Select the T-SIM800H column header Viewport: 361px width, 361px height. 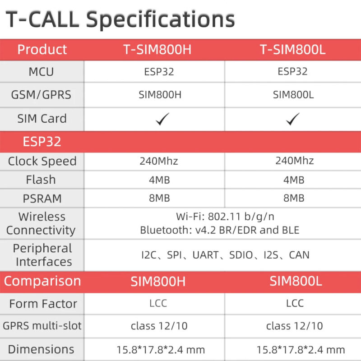[x=157, y=50]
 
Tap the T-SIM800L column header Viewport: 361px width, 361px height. [x=292, y=50]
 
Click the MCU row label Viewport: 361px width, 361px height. [x=41, y=72]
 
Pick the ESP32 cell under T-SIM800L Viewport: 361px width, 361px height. [x=292, y=71]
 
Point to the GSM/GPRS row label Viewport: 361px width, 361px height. [x=42, y=95]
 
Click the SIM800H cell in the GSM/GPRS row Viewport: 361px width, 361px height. [x=157, y=95]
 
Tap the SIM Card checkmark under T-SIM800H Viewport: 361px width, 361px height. [x=162, y=119]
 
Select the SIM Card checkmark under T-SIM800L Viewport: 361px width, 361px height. [x=293, y=119]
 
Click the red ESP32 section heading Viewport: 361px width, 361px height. [x=42, y=142]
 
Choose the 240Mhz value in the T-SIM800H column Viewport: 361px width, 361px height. [x=157, y=161]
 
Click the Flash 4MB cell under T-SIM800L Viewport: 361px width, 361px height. [x=292, y=180]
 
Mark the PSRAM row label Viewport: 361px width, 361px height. [x=41, y=199]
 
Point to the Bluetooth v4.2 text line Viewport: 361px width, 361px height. [x=220, y=230]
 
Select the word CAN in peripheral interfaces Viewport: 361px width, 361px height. [x=299, y=255]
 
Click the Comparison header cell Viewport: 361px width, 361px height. [x=42, y=281]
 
